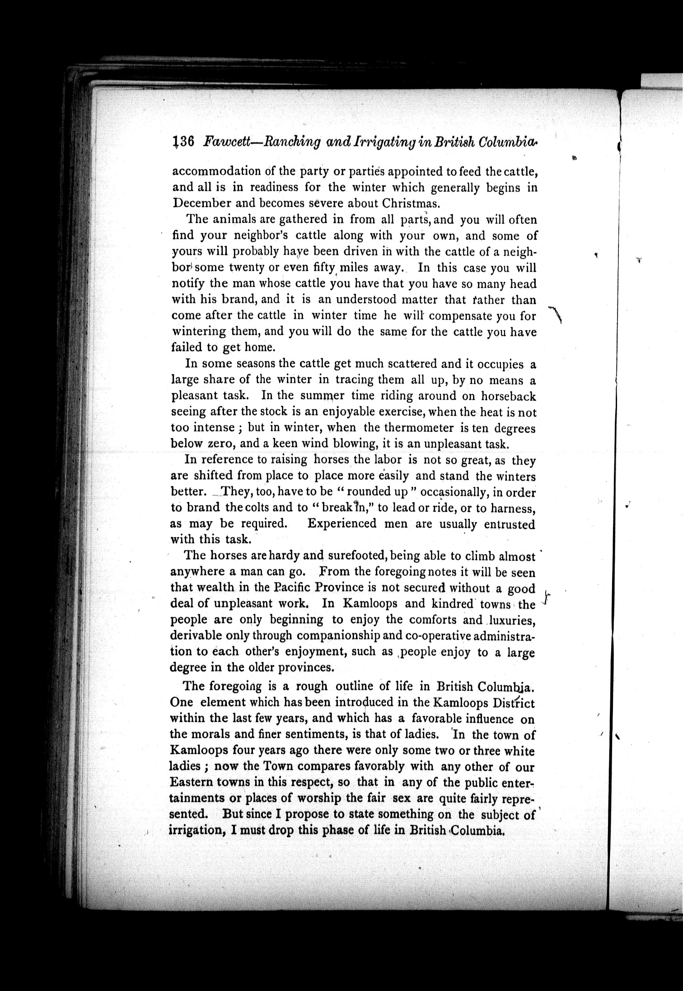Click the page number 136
(183, 142)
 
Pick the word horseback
(508, 396)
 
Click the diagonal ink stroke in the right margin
(555, 314)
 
